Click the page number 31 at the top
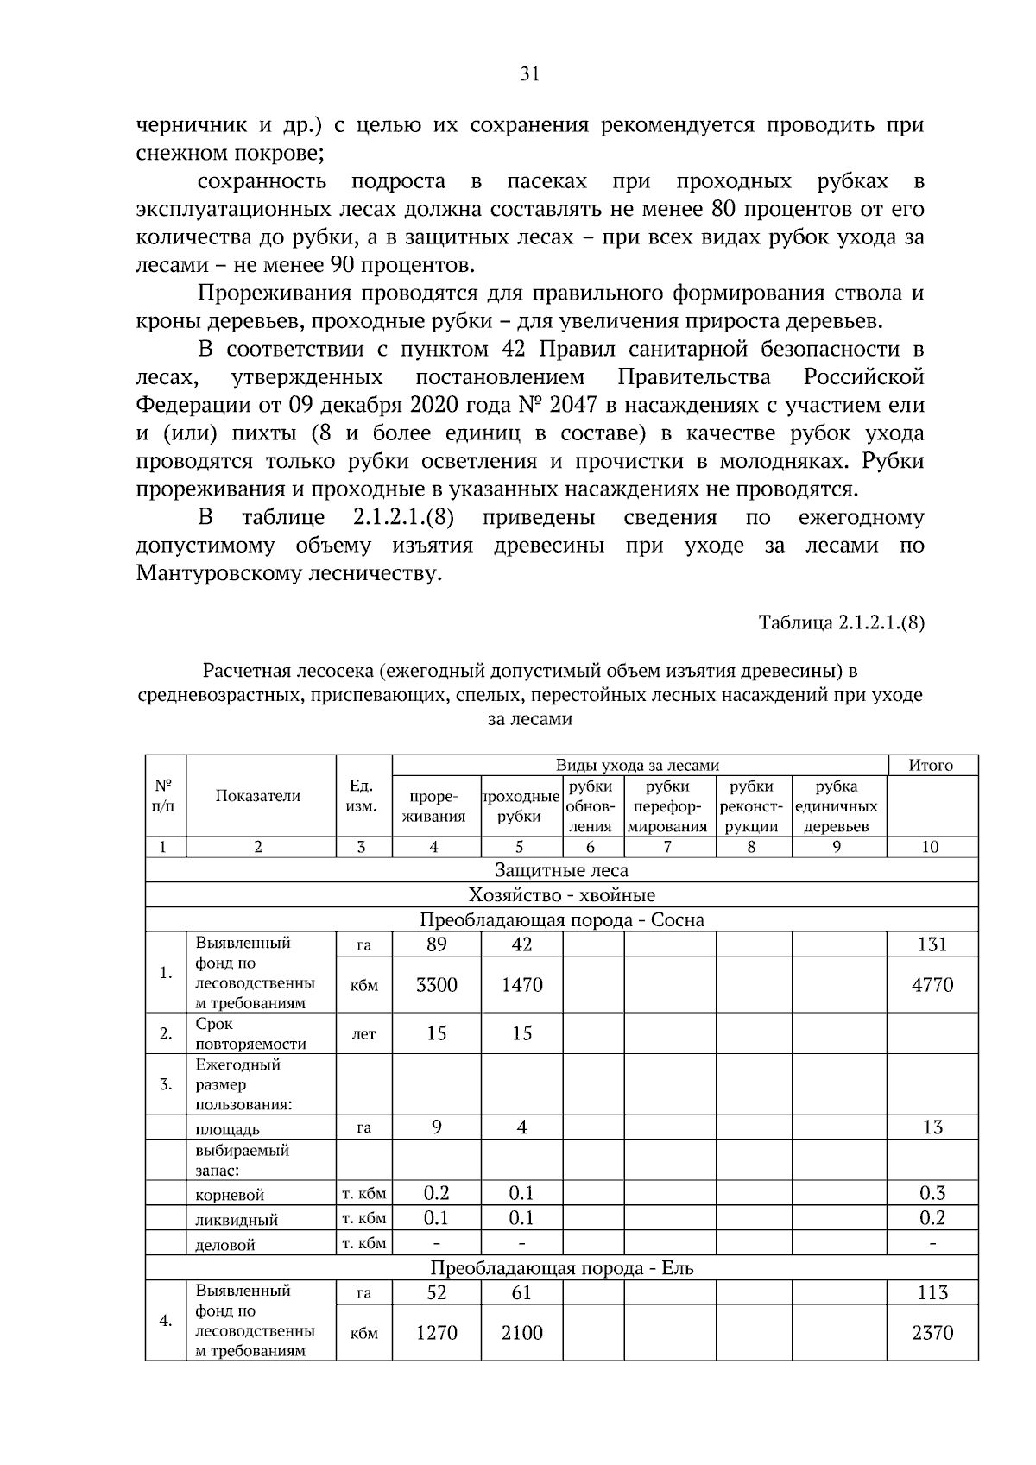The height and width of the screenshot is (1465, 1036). (530, 74)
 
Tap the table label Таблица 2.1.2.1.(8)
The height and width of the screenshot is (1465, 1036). (841, 622)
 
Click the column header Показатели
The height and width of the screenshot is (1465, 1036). (258, 796)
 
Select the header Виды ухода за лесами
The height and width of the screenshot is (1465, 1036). (637, 765)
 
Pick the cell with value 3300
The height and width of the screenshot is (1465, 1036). (436, 985)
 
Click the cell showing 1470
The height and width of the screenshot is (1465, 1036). (521, 985)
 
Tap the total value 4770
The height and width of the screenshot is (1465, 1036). (932, 985)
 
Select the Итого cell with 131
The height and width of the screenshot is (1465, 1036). (932, 944)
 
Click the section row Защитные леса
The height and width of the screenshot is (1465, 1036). (561, 870)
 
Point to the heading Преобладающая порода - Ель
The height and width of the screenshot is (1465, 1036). (561, 1268)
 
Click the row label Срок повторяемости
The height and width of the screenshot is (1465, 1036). (250, 1033)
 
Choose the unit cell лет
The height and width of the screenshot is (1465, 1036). (363, 1034)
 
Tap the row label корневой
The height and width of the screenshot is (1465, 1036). (230, 1195)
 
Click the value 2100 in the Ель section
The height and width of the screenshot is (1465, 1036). (521, 1333)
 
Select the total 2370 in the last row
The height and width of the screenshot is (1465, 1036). (932, 1333)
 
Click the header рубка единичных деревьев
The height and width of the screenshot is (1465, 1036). (836, 806)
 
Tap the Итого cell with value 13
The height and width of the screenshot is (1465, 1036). (932, 1127)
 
